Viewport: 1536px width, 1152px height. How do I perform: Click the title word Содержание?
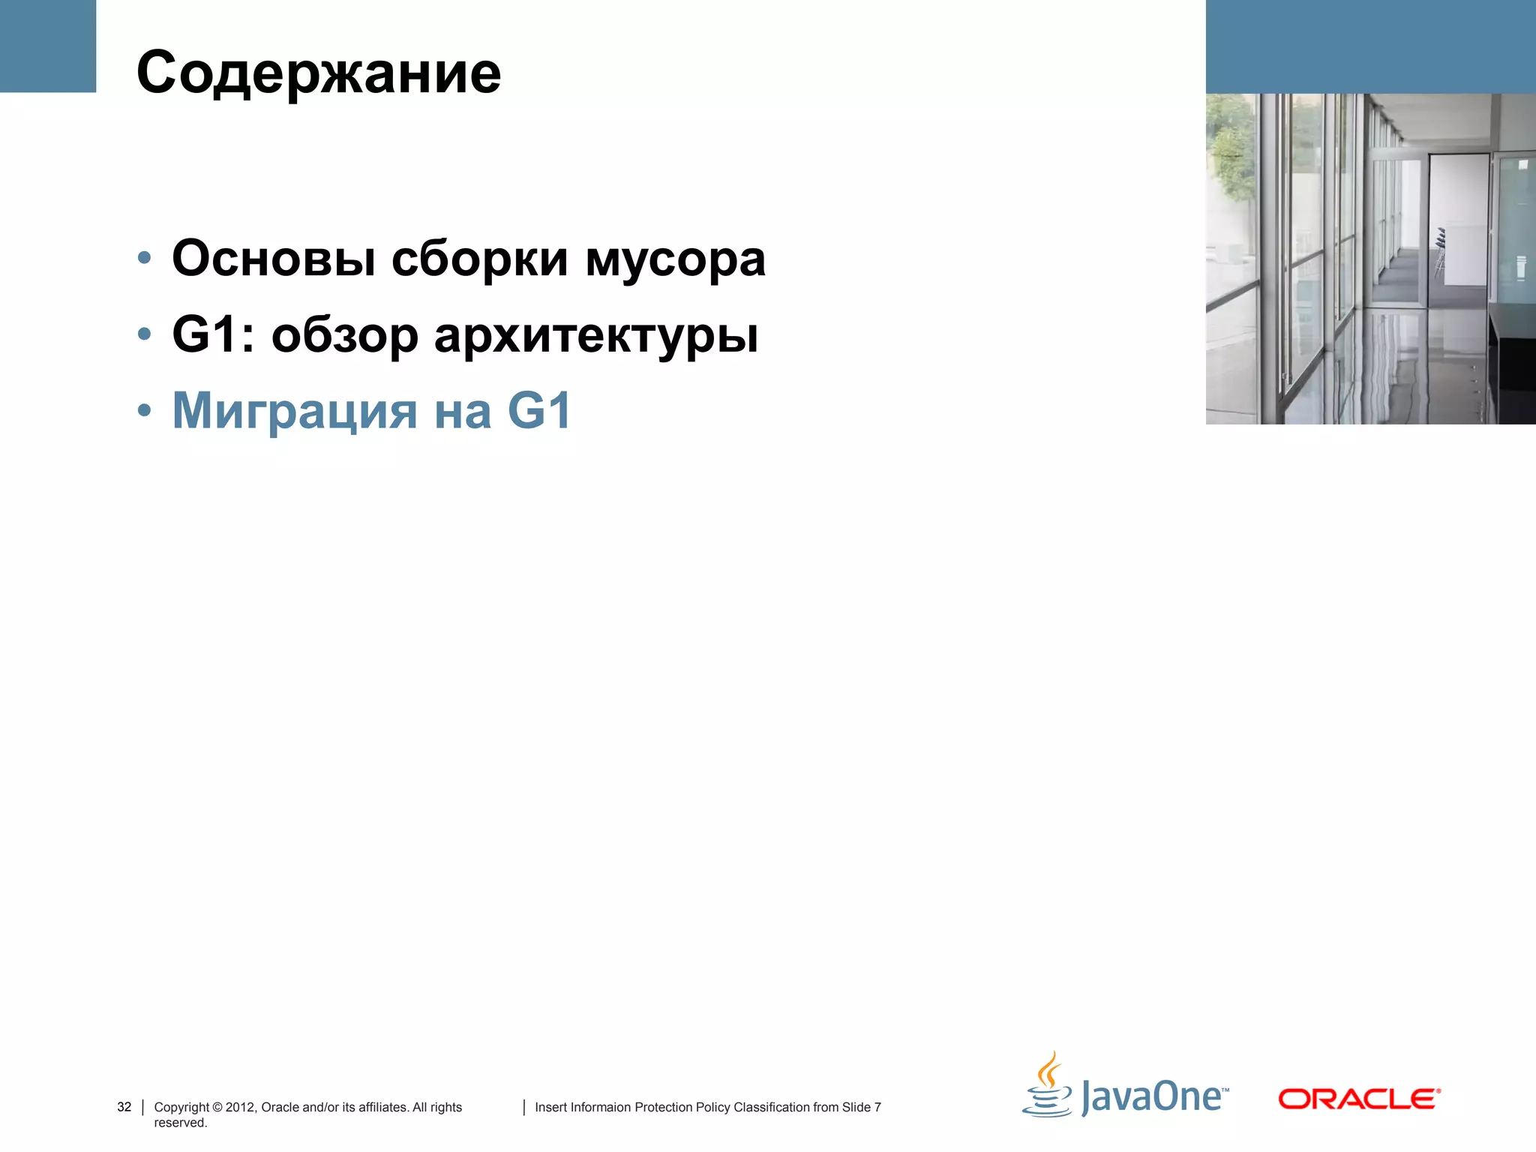click(x=319, y=73)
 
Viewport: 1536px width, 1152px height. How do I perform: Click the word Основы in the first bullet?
click(x=274, y=259)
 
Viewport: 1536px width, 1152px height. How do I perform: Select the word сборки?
click(x=480, y=259)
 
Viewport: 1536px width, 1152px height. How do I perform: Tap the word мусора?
click(x=675, y=259)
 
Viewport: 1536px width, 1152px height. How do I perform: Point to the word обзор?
click(x=344, y=335)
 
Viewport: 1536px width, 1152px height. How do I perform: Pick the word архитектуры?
click(x=596, y=335)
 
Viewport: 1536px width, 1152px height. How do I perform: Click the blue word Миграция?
click(x=295, y=411)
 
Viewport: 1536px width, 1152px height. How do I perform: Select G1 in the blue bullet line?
click(x=539, y=410)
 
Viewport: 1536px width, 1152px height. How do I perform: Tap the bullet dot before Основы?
click(x=145, y=259)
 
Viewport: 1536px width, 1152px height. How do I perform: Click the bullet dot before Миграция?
click(x=145, y=411)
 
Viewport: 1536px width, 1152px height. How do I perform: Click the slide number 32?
click(x=124, y=1107)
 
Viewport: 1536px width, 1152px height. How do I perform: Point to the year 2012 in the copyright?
click(x=240, y=1107)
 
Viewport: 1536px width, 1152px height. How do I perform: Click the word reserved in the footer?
click(x=180, y=1123)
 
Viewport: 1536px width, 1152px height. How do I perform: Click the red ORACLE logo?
click(x=1359, y=1099)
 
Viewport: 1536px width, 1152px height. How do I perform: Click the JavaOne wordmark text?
click(x=1153, y=1097)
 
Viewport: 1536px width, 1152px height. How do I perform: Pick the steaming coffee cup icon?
click(x=1048, y=1086)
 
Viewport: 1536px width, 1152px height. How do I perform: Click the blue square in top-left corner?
click(x=48, y=46)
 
